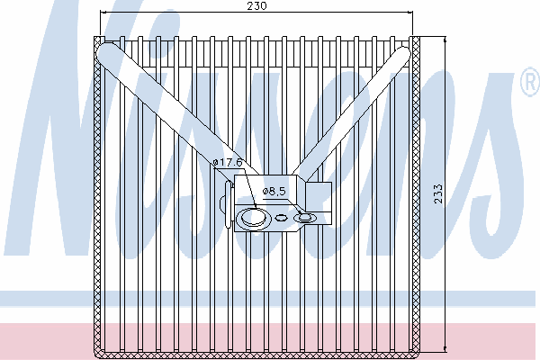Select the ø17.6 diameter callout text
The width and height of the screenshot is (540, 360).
coord(229,162)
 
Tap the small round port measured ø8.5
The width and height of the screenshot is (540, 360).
coord(304,217)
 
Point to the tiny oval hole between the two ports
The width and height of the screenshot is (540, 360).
coord(282,217)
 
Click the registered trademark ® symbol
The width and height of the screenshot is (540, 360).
coord(528,85)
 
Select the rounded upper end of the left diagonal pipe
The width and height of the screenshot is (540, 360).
coord(106,55)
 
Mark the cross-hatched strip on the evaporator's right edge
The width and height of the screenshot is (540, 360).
coord(417,193)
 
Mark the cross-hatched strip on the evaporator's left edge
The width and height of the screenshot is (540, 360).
coord(99,193)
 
